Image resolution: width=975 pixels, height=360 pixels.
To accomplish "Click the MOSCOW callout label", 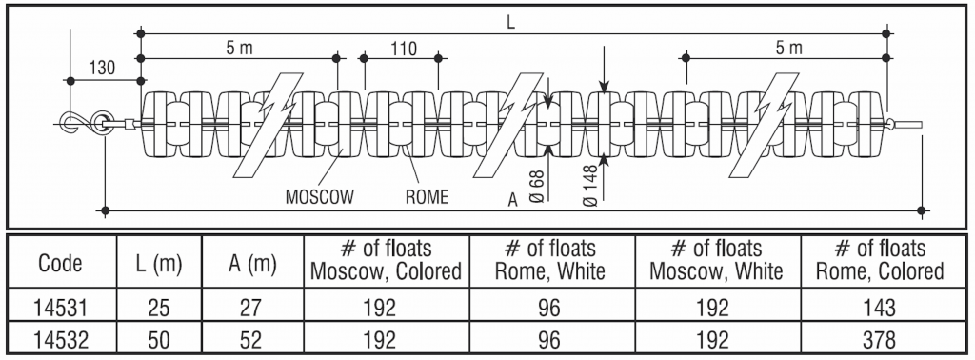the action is point(320,199).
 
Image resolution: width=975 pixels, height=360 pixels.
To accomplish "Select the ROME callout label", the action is point(427,199).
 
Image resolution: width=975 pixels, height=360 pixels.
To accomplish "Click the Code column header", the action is point(60,262).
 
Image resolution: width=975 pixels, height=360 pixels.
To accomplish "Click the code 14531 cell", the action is point(60,310).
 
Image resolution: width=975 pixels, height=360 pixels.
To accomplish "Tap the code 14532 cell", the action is point(60,339).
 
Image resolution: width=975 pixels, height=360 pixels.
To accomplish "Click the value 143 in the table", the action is point(880,310).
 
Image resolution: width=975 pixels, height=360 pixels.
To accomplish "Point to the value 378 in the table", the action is point(880,339).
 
